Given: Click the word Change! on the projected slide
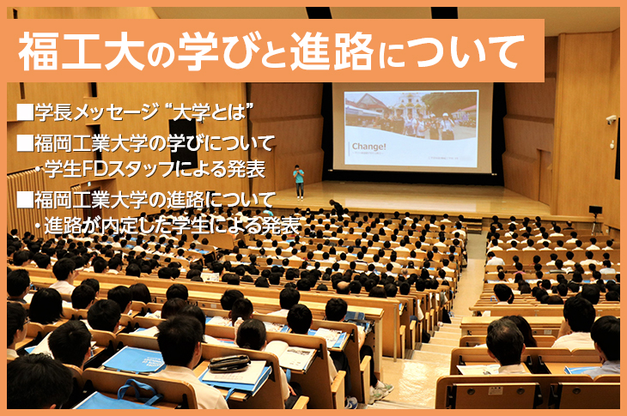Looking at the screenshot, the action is click(x=368, y=147).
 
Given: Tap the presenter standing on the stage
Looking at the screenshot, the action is click(x=299, y=182).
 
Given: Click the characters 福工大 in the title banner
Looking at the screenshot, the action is click(x=82, y=51).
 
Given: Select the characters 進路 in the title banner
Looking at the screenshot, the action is click(x=332, y=51).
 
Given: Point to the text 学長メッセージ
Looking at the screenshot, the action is click(x=96, y=112).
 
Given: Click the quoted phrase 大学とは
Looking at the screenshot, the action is click(x=210, y=112).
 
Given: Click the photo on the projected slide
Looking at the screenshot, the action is click(x=411, y=117).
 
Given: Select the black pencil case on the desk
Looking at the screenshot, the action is click(x=229, y=363).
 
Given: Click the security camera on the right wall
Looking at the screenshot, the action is click(x=611, y=119).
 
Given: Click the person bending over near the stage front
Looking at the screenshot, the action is click(x=336, y=208).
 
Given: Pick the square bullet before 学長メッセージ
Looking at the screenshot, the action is click(x=25, y=112).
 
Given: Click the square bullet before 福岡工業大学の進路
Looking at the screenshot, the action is click(x=25, y=200).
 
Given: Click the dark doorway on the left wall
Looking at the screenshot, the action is click(x=182, y=142).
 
